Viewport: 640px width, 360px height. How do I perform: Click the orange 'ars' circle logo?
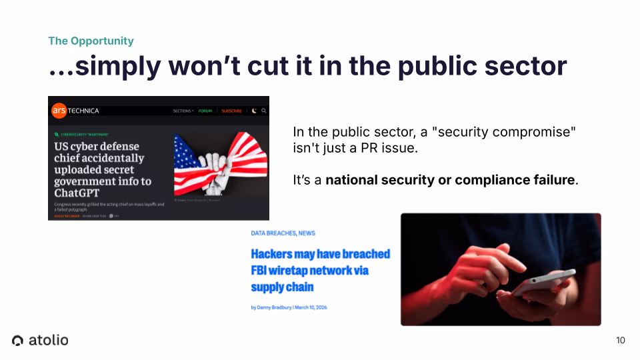tap(59, 110)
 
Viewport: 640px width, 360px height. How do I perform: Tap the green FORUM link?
tap(205, 111)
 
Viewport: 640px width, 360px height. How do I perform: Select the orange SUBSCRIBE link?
tap(231, 111)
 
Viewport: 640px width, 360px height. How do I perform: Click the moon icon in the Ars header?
tap(254, 111)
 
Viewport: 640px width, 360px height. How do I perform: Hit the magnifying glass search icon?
tap(263, 111)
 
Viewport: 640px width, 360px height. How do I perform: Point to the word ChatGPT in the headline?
tap(77, 193)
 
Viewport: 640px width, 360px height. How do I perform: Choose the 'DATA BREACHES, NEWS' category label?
tap(283, 233)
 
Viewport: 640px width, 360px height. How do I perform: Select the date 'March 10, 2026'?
tap(312, 307)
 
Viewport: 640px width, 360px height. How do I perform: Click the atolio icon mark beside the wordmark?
tap(18, 341)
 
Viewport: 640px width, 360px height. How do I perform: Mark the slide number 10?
tap(621, 341)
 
